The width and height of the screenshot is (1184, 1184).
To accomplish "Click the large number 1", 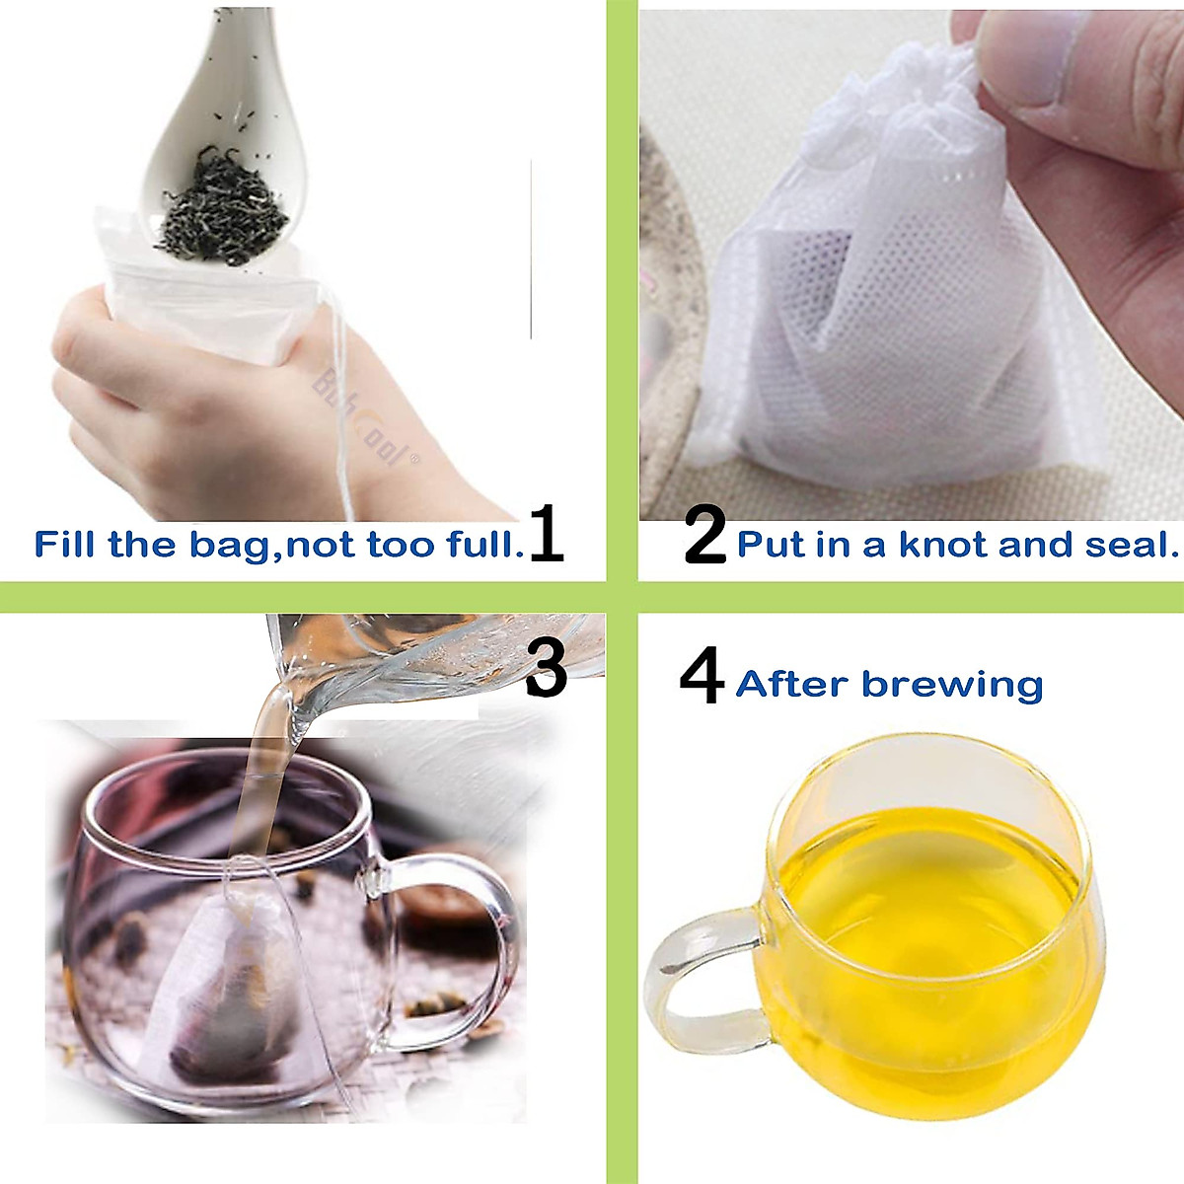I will coord(546,534).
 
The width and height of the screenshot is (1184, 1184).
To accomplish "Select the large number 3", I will coord(546,669).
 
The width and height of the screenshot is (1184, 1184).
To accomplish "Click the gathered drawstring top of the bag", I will coord(923,89).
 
